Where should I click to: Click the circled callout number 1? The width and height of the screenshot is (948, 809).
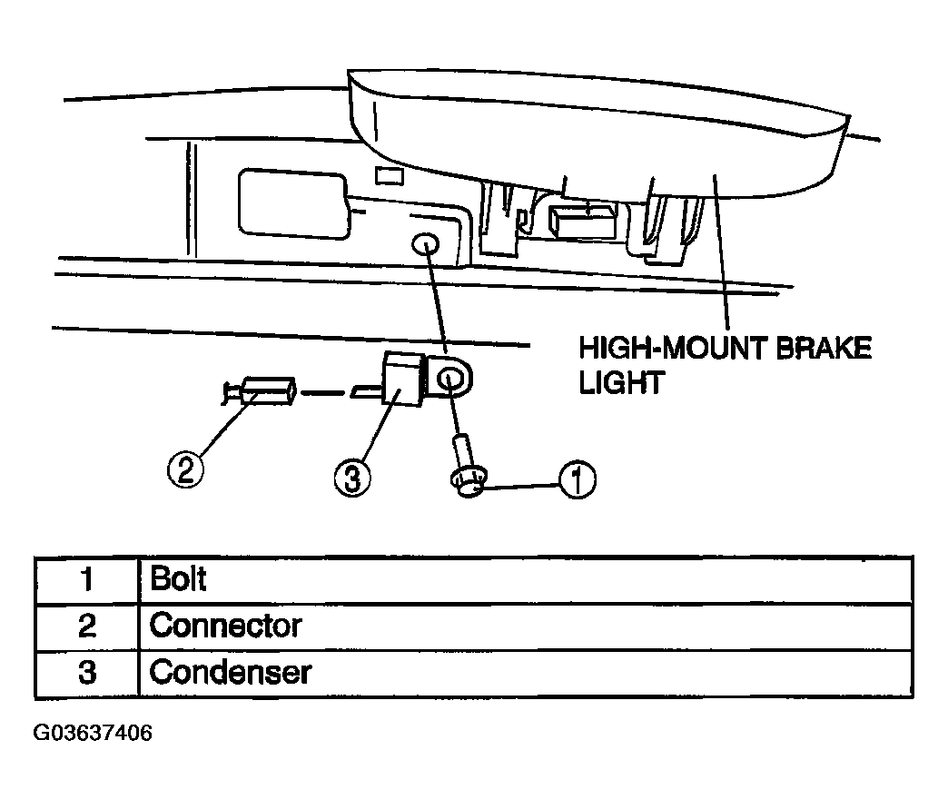tap(577, 479)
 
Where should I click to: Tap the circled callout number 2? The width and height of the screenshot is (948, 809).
tap(185, 469)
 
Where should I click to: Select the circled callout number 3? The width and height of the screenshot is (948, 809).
tap(352, 478)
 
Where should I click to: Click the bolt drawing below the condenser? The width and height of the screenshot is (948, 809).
tap(467, 466)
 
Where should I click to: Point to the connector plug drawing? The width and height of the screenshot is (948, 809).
tap(260, 391)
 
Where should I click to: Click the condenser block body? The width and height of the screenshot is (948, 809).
tap(402, 380)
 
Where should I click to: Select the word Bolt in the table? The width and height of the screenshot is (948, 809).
tap(178, 578)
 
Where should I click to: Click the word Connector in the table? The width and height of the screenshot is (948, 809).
tap(225, 626)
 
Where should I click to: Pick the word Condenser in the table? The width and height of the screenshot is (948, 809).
tap(230, 672)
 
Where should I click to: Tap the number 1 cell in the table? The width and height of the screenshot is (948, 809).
tap(87, 579)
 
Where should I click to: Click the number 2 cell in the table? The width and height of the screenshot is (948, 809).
tap(87, 626)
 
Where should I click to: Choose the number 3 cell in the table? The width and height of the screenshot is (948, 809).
tap(87, 673)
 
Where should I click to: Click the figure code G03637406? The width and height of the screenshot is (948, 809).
tap(93, 733)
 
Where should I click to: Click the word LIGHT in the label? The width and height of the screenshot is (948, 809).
tap(621, 382)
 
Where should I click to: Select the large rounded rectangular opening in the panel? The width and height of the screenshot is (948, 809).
tap(294, 203)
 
